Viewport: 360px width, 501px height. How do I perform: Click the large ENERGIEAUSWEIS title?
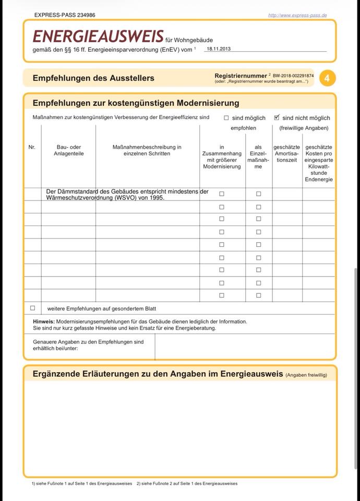pyautogui.click(x=98, y=36)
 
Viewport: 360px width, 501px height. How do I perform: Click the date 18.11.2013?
pyautogui.click(x=219, y=49)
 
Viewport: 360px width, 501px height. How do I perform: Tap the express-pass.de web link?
pyautogui.click(x=297, y=15)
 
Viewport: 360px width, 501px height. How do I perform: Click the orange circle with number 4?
pyautogui.click(x=327, y=78)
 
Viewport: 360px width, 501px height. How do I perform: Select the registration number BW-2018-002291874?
pyautogui.click(x=293, y=76)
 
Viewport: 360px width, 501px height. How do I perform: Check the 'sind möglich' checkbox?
pyautogui.click(x=226, y=118)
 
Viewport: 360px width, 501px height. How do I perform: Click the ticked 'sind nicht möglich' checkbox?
pyautogui.click(x=277, y=117)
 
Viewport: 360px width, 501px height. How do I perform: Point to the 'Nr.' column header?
pyautogui.click(x=32, y=147)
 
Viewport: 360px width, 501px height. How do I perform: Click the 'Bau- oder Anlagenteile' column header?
pyautogui.click(x=68, y=150)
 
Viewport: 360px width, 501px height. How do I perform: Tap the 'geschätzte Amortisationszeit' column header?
pyautogui.click(x=286, y=153)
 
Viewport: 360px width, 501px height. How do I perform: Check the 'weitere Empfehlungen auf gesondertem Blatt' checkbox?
pyautogui.click(x=32, y=308)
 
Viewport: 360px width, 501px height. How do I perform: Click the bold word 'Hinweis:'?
pyautogui.click(x=43, y=321)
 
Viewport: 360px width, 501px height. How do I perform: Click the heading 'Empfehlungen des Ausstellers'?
pyautogui.click(x=93, y=78)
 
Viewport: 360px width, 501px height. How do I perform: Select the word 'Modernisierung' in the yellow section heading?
pyautogui.click(x=208, y=103)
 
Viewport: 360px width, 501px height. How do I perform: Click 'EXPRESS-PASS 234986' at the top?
pyautogui.click(x=64, y=15)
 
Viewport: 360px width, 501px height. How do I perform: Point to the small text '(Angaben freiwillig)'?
pyautogui.click(x=306, y=375)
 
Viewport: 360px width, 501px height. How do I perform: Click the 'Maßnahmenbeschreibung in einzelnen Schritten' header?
pyautogui.click(x=147, y=150)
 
